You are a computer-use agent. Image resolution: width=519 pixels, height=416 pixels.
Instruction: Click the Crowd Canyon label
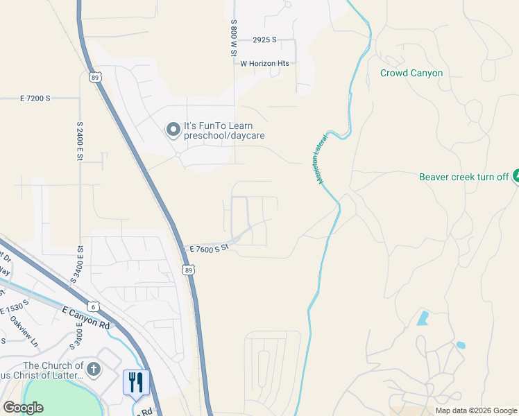[x=411, y=73]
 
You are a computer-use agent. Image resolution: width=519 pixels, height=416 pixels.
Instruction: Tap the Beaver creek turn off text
[x=464, y=177]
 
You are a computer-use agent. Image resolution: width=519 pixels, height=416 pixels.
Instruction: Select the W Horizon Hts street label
[x=264, y=63]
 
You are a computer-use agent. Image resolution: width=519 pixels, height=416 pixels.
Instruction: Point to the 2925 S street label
[x=265, y=40]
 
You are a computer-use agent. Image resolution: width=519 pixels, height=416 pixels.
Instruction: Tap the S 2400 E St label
[x=80, y=141]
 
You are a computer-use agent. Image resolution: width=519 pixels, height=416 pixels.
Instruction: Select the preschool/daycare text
[x=223, y=137]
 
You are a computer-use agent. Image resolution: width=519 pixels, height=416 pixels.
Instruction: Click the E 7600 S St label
[x=209, y=248]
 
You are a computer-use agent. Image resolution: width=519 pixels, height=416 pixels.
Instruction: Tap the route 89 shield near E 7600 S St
[x=188, y=270]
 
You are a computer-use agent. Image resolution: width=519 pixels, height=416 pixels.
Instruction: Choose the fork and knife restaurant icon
[x=136, y=382]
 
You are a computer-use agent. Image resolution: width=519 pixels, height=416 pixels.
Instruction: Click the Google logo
[x=24, y=408]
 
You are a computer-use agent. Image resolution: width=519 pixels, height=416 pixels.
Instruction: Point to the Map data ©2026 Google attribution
[x=476, y=410]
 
